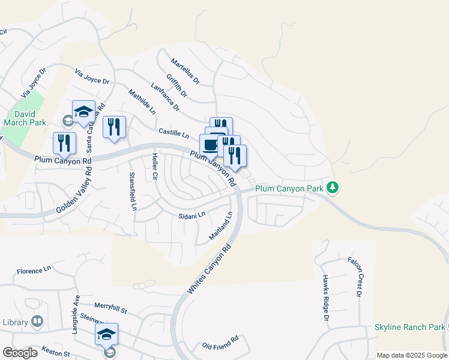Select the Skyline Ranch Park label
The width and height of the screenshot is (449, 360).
point(409,327)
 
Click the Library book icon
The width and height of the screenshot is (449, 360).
point(37,322)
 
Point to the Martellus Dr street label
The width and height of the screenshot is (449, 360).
point(185,71)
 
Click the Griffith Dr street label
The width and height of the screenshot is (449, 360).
point(177,86)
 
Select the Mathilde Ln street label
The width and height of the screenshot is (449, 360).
point(142,102)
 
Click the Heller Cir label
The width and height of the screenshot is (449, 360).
point(155,167)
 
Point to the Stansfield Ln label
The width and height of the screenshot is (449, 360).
point(133,191)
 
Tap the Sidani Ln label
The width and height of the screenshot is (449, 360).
point(192,215)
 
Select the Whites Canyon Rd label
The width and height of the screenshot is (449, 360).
point(209,268)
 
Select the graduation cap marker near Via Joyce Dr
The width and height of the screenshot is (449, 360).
point(84,111)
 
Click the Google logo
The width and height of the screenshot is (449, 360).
point(20,353)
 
